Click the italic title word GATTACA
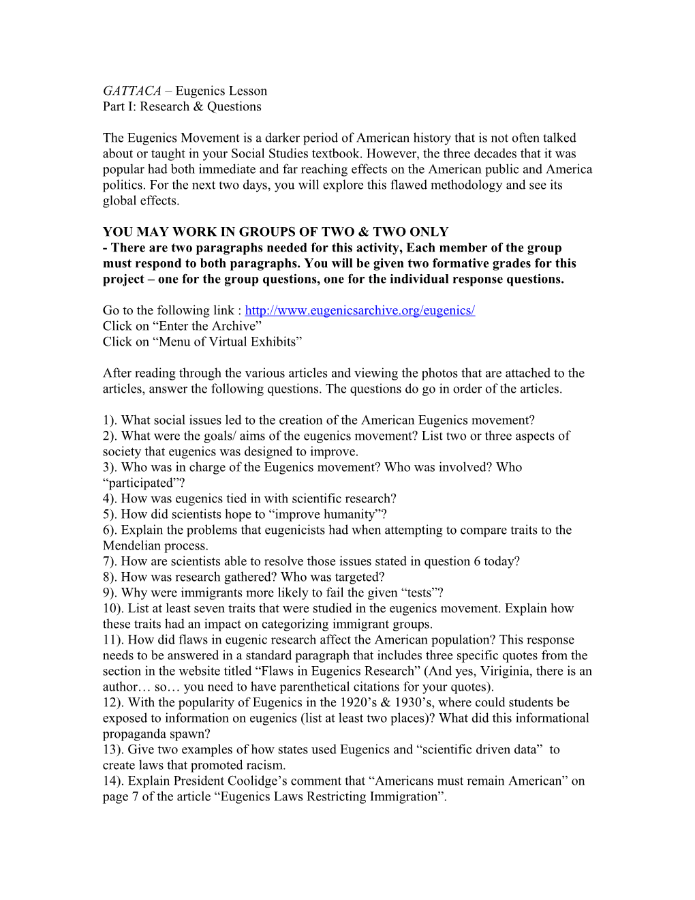click(132, 91)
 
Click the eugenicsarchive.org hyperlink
click(360, 310)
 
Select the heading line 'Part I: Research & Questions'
click(182, 106)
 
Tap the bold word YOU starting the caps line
click(119, 232)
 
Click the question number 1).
click(110, 420)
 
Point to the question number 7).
click(110, 561)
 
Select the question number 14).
click(114, 781)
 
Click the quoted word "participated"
click(138, 483)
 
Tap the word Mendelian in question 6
click(133, 545)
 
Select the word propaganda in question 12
click(136, 734)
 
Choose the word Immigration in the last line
click(401, 796)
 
